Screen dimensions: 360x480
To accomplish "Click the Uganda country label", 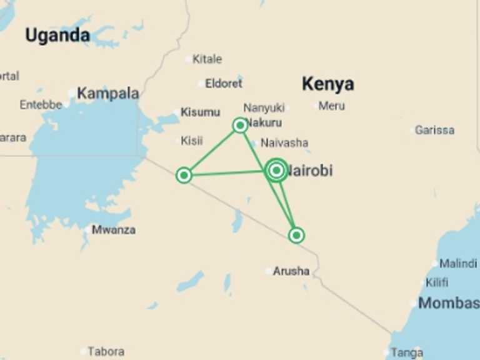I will [x=57, y=36].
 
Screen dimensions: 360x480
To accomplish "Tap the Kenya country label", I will [x=327, y=84].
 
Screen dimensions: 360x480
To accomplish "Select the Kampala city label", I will [x=107, y=94].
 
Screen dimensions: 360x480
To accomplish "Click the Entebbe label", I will [x=41, y=105].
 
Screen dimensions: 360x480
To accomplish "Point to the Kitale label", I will [x=207, y=59].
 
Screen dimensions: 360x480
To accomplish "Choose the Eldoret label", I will [x=224, y=83].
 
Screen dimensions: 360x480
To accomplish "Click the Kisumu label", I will [x=200, y=112].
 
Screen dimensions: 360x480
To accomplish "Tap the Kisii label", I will [x=191, y=141].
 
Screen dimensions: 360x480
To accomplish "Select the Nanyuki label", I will [x=264, y=107].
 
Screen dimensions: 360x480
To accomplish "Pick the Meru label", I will [x=331, y=106].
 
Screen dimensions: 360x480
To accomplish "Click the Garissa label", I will [x=434, y=130].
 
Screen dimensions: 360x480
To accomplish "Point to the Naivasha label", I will [x=284, y=142].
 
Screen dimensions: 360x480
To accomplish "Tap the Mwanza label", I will [x=113, y=229].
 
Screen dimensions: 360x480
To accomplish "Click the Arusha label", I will [x=291, y=271].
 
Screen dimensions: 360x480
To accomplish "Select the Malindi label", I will [x=458, y=263].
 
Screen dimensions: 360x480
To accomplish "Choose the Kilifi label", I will [x=437, y=282].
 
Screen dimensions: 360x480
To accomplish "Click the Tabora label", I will [x=106, y=351].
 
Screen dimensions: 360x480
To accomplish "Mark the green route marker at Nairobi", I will [x=276, y=170].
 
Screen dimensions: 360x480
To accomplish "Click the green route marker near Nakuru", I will [x=240, y=126].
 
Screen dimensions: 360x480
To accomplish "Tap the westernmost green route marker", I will [x=184, y=175].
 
